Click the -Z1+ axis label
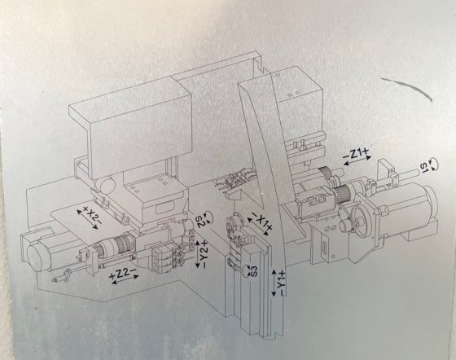(356, 152)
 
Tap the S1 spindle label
(424, 166)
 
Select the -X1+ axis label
(261, 222)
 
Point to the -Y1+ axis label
(282, 283)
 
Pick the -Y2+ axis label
(204, 254)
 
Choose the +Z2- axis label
(122, 274)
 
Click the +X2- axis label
(93, 216)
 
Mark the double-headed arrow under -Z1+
(358, 160)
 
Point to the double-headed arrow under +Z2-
(125, 279)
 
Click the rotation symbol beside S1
(433, 164)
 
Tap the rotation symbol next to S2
(208, 217)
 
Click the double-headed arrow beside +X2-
(87, 219)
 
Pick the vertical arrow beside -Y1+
(274, 283)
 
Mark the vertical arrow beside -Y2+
(197, 254)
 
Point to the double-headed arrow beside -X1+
(257, 226)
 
